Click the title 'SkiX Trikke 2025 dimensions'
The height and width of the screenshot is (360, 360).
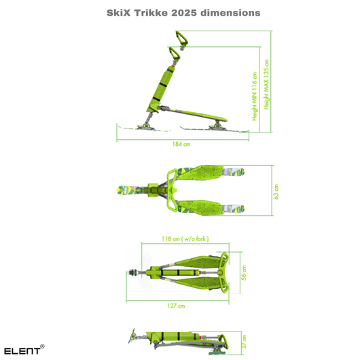[183, 13]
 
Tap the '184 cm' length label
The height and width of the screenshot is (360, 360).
[181, 144]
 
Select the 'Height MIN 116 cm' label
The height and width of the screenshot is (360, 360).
[255, 96]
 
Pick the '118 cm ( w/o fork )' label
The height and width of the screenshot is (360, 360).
[181, 239]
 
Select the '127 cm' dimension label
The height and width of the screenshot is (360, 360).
[176, 306]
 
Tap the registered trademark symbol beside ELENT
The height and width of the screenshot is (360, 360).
[42, 346]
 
